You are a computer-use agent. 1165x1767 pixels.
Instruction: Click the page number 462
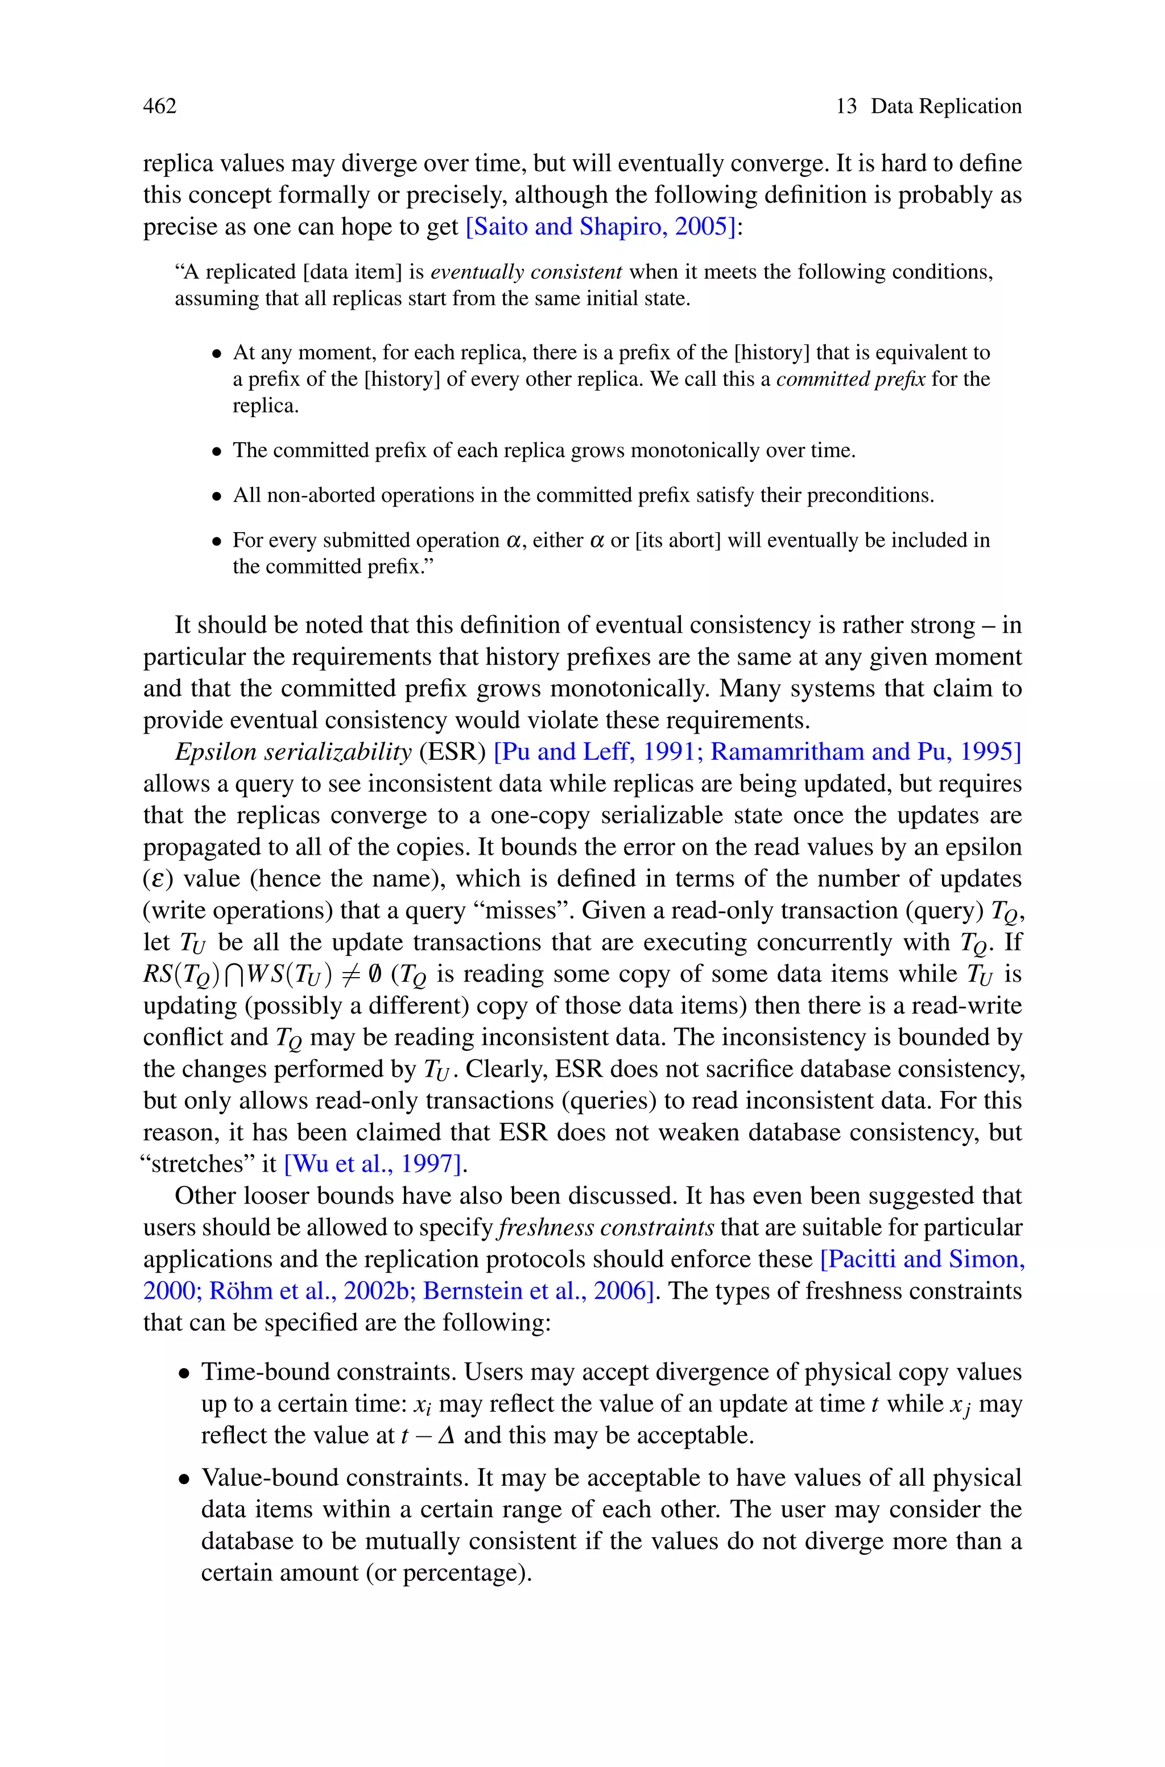[x=160, y=106]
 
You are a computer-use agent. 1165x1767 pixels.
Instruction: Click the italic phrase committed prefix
[x=850, y=379]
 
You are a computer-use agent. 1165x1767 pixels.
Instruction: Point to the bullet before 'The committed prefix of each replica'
[x=217, y=451]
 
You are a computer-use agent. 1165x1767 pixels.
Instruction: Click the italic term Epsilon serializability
[x=293, y=752]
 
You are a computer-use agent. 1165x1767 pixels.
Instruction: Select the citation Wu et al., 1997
[x=373, y=1164]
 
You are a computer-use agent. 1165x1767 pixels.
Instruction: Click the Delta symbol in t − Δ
[x=447, y=1436]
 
